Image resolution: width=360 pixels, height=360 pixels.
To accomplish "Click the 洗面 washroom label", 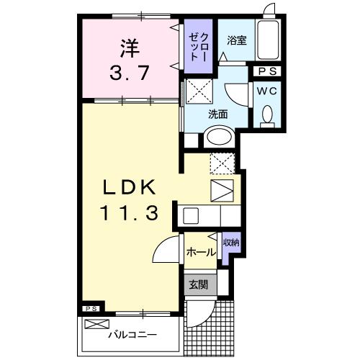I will [218, 114].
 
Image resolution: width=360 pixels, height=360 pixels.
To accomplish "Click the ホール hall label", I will [201, 252].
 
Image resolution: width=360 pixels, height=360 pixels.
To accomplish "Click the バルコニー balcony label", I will [132, 335].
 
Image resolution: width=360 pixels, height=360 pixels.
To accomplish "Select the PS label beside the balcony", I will [91, 310].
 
